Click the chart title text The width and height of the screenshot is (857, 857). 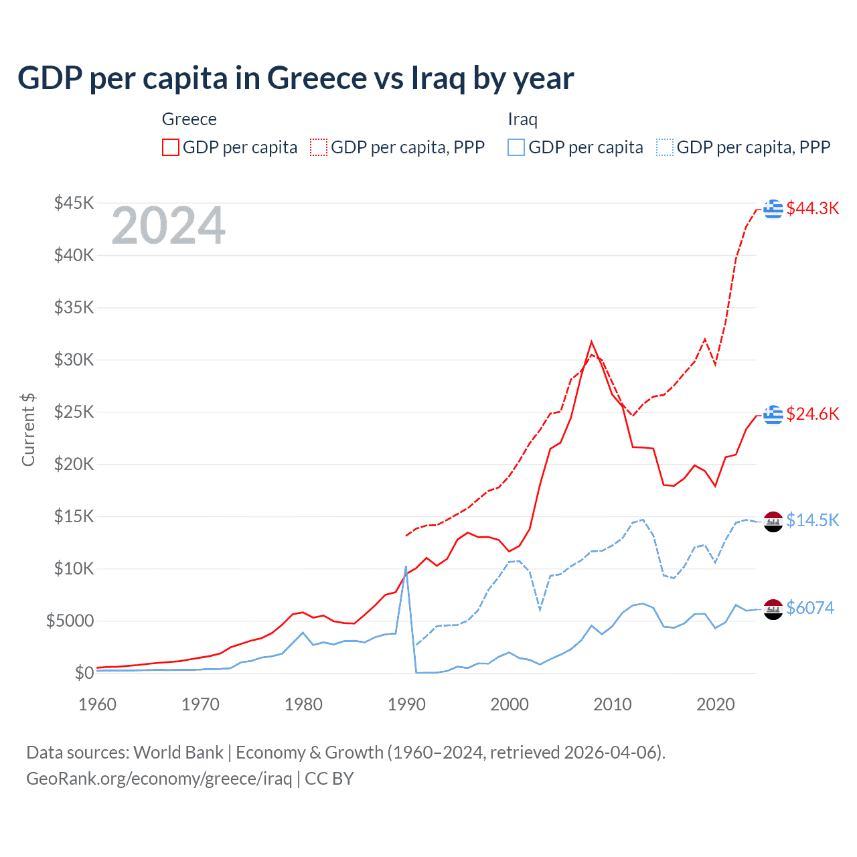295,78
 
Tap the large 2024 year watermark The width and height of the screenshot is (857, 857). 168,226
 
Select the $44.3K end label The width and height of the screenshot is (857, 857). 812,208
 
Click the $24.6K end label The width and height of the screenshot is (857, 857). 812,414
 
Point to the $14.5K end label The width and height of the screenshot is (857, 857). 812,520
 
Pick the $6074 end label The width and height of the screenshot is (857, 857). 810,608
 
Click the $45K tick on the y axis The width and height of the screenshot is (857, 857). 74,203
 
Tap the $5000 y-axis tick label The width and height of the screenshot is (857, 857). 70,621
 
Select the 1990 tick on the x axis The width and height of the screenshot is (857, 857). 406,704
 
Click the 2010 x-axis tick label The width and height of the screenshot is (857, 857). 613,704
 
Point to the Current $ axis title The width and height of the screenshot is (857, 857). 28,430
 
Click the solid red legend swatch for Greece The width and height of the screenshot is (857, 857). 171,147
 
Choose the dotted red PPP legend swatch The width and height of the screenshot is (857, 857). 319,147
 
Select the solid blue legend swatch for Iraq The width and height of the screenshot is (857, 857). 516,147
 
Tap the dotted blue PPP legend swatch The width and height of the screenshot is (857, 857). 665,147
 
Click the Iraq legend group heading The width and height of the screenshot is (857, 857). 522,119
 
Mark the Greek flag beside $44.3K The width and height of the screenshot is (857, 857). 773,208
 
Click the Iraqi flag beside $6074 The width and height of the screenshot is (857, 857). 773,609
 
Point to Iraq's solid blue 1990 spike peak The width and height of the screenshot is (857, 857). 406,567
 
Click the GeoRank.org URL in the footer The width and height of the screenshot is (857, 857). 159,779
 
